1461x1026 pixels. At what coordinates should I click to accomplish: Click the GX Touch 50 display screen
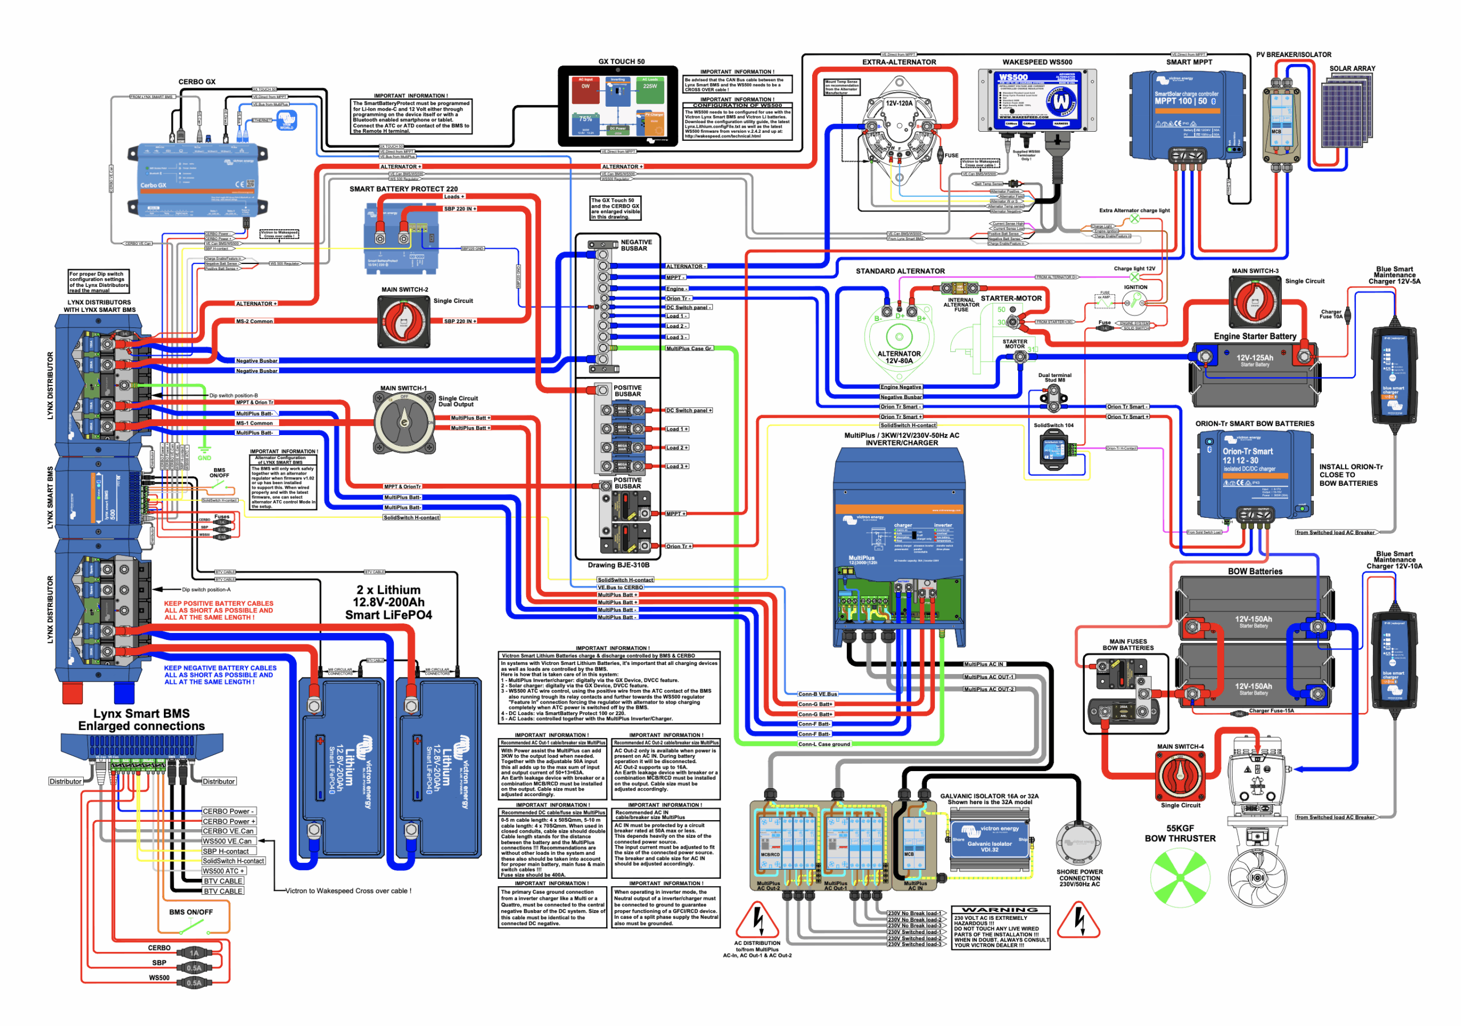coord(618,106)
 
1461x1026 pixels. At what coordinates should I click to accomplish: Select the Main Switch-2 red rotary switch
coord(404,321)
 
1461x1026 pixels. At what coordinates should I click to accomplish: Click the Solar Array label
coord(1351,68)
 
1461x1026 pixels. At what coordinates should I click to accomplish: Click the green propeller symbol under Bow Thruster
coord(1180,878)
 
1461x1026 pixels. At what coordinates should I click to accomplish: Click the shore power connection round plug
coord(1079,843)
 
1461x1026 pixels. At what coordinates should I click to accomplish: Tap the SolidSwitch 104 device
coord(1053,451)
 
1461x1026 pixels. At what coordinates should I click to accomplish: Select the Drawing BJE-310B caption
coord(619,565)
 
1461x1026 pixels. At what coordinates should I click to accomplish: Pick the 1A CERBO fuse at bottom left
coord(195,953)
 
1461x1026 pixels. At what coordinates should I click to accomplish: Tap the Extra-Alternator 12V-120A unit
coord(898,127)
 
